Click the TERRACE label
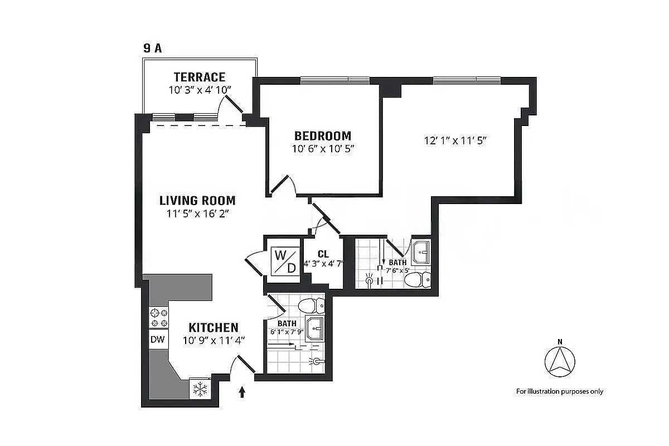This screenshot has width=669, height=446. [x=199, y=77]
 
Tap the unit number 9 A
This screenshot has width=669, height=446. [x=152, y=48]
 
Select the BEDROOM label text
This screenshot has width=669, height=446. [x=323, y=135]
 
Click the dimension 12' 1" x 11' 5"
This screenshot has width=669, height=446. [x=455, y=141]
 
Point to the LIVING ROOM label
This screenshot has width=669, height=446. [x=197, y=200]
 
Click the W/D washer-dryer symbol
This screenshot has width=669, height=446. [x=284, y=261]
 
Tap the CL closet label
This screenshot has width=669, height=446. [x=323, y=254]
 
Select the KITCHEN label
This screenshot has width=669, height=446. [x=213, y=327]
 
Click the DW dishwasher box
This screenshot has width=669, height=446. [x=157, y=339]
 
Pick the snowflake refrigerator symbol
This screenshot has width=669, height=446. [x=200, y=389]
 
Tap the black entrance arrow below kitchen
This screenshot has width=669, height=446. [x=242, y=393]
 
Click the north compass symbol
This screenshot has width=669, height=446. [x=559, y=360]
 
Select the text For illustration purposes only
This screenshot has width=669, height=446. [x=559, y=391]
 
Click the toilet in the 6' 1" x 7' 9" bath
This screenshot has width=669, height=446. [x=312, y=306]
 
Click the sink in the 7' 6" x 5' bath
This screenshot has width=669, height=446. [x=421, y=254]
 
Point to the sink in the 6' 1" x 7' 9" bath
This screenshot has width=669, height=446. [x=314, y=329]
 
